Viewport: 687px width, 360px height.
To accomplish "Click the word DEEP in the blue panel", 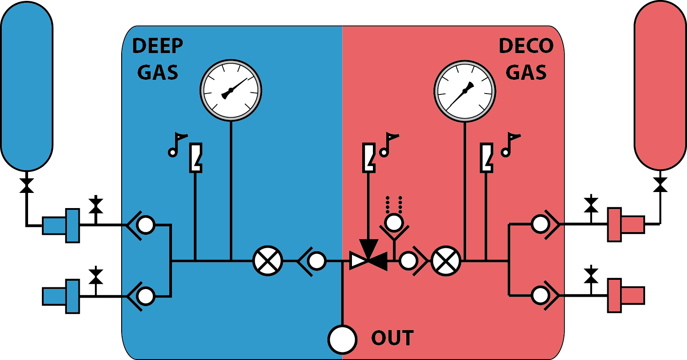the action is [158, 46].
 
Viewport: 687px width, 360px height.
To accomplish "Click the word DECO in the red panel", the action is [526, 46].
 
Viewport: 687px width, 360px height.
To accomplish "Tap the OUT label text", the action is [393, 338].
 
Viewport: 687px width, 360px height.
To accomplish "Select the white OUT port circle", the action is [342, 340].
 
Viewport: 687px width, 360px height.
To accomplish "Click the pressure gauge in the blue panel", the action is [231, 90].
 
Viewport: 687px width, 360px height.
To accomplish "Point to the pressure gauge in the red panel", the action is [465, 91].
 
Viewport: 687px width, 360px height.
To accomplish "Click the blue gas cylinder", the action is [27, 86].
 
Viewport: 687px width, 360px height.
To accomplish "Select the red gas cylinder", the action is [660, 85].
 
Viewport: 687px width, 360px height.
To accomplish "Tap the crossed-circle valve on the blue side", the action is [268, 261].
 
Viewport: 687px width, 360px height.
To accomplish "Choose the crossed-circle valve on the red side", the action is [446, 261].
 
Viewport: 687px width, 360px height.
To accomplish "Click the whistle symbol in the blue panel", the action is [196, 158].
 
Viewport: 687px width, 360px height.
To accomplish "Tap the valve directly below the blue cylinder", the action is [27, 185].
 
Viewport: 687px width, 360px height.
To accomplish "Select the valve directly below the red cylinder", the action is [660, 184].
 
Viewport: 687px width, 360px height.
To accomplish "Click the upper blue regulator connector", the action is [61, 225].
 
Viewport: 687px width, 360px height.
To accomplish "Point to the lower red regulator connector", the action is [626, 295].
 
